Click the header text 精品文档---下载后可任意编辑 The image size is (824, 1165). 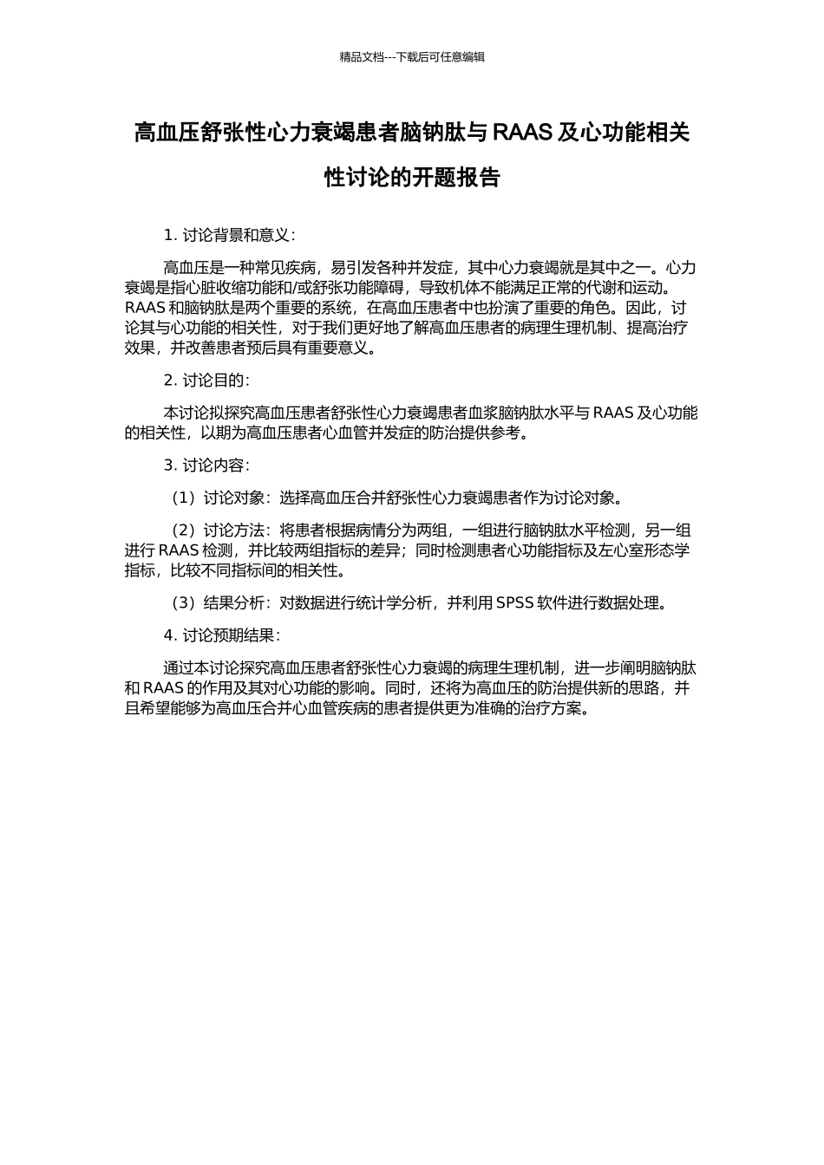pos(412,57)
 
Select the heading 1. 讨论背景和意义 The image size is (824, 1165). pos(229,235)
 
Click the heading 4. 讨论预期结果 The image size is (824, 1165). pos(221,635)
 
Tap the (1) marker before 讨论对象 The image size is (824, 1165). pos(183,498)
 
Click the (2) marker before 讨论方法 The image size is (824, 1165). pos(183,530)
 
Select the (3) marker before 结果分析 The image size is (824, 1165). pos(183,603)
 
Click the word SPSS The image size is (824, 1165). pos(515,603)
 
